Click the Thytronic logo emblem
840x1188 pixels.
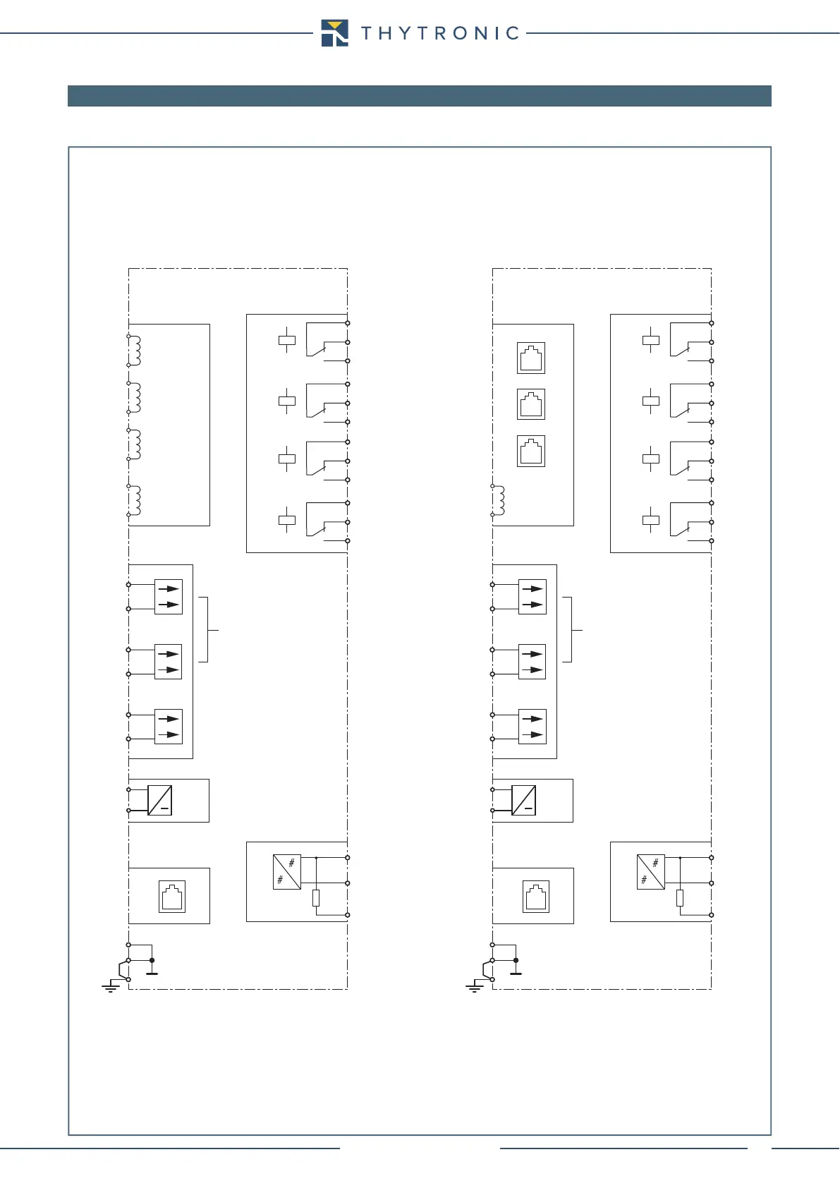(x=334, y=33)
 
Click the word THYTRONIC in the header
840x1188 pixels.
(x=440, y=33)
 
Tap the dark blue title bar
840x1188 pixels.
(x=419, y=96)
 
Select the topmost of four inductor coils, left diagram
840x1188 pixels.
(x=134, y=351)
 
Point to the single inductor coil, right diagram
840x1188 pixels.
(x=499, y=500)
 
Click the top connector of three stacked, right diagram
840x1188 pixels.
(x=531, y=358)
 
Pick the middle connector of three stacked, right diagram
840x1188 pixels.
(x=531, y=405)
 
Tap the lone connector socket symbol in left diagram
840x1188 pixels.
(x=172, y=897)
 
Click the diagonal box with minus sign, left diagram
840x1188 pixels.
(x=160, y=800)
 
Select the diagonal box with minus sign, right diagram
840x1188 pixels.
(x=523, y=800)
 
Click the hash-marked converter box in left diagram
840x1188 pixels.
(x=287, y=871)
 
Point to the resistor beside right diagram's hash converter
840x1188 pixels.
(x=680, y=898)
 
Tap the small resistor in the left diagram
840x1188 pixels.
(x=316, y=898)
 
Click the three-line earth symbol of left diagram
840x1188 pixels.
(x=111, y=987)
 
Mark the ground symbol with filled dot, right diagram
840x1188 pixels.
(x=516, y=966)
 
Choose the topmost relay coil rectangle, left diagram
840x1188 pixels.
(x=287, y=341)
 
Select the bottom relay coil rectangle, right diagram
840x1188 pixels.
(x=651, y=521)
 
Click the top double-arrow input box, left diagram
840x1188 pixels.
(x=169, y=597)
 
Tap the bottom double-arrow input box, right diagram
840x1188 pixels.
(x=532, y=727)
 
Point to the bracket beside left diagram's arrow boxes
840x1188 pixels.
(x=205, y=629)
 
